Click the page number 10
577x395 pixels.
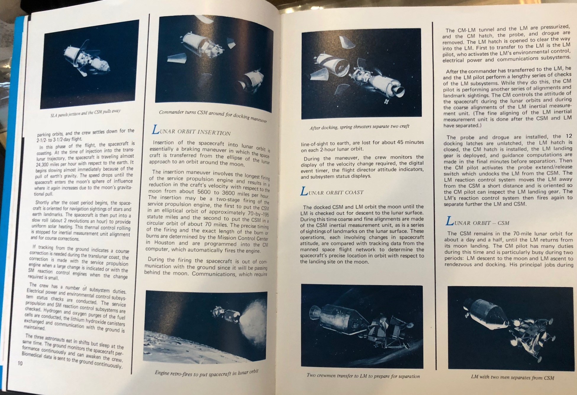[x=20, y=363]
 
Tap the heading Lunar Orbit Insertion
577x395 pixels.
[x=191, y=131]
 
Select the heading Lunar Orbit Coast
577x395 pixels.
[x=332, y=192]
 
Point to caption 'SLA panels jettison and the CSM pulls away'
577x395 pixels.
[x=85, y=113]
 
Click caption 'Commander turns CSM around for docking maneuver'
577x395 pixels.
[x=212, y=116]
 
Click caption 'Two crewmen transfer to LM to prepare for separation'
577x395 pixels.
[x=363, y=376]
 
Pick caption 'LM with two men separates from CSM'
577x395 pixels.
[x=512, y=377]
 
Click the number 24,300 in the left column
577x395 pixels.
[x=45, y=163]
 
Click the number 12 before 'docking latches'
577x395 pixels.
[x=568, y=136]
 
